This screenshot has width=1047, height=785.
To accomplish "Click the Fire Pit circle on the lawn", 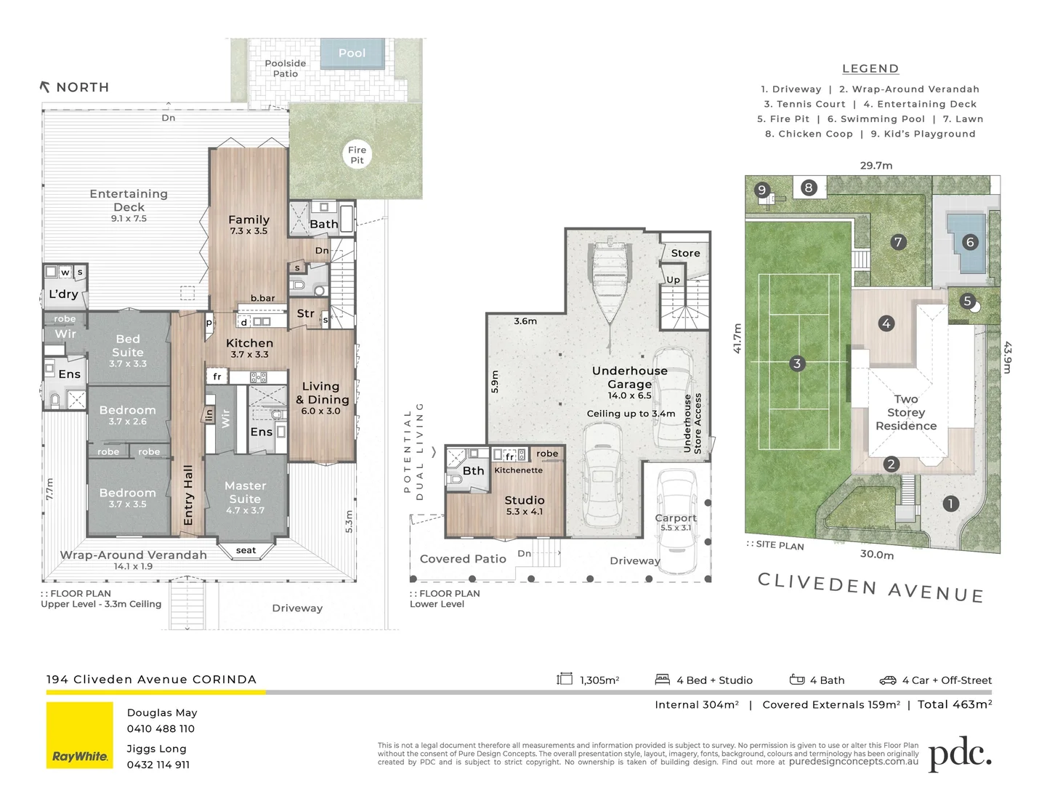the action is click(x=357, y=155).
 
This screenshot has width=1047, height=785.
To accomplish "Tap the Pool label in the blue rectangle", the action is click(x=352, y=53).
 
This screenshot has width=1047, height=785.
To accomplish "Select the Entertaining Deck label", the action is click(x=129, y=201).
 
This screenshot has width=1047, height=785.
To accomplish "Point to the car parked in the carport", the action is click(x=676, y=510).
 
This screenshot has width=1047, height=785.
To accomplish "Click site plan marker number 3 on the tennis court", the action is click(x=796, y=363).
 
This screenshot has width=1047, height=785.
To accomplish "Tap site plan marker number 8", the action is click(x=808, y=188).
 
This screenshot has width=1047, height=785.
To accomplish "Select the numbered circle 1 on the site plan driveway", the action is click(x=950, y=504).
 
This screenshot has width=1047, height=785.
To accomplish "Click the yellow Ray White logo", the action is click(x=80, y=735).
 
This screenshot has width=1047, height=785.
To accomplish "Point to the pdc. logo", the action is click(x=960, y=754).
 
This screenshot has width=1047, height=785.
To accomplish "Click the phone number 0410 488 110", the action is click(x=161, y=729).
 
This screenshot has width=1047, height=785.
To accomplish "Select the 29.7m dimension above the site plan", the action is click(x=876, y=166).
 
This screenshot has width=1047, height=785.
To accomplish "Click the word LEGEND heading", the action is click(x=870, y=69).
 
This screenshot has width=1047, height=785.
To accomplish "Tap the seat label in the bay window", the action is click(x=246, y=550).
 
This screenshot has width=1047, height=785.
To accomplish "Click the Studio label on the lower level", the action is click(x=524, y=500).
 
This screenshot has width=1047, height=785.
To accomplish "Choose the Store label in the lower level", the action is click(x=685, y=253).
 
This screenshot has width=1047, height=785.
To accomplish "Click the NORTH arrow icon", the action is click(x=45, y=86).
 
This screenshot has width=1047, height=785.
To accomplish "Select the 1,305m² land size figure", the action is click(x=599, y=680).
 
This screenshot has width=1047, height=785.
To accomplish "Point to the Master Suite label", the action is click(x=245, y=492).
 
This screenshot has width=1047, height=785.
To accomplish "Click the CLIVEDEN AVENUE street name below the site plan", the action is click(x=870, y=587).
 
